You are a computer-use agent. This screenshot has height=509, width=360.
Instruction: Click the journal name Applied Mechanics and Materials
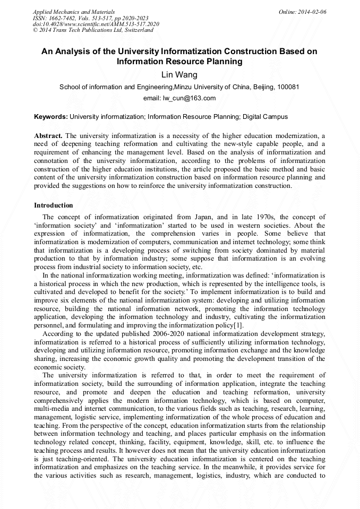73,12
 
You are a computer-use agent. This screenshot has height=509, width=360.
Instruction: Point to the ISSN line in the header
90,18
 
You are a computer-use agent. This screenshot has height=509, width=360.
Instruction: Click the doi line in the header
96,24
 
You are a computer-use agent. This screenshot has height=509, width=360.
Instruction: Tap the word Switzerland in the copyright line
139,30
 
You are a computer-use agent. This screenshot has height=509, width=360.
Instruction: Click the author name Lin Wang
179,75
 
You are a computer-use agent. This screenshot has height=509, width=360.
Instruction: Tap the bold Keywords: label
51,116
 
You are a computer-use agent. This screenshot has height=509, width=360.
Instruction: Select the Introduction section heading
54,205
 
